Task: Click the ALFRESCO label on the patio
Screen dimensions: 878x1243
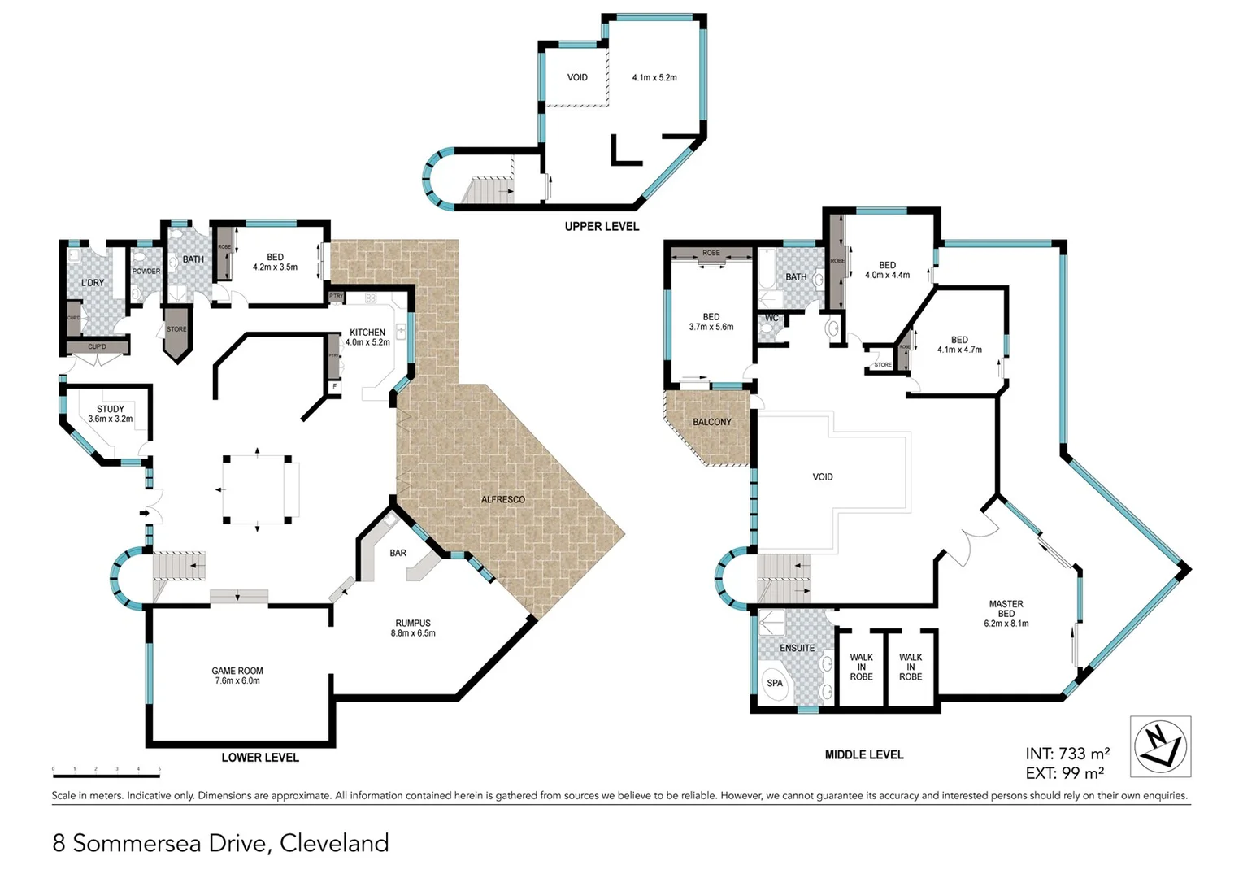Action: click(x=502, y=499)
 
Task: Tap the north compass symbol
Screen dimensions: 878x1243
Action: click(x=1160, y=746)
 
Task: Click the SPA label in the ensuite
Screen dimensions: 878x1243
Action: click(x=775, y=683)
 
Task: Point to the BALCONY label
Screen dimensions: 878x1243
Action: click(x=712, y=422)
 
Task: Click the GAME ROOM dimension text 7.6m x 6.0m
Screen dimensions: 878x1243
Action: click(x=237, y=681)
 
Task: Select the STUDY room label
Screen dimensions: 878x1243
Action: click(x=111, y=409)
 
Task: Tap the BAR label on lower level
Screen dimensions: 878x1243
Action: click(x=398, y=553)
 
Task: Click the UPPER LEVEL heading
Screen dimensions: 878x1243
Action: click(x=602, y=227)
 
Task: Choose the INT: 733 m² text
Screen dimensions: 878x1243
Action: click(x=1067, y=754)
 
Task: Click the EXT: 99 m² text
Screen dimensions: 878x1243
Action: click(x=1064, y=773)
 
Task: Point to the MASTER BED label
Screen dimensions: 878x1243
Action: click(x=1006, y=609)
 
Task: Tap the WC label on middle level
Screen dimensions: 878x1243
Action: click(x=771, y=318)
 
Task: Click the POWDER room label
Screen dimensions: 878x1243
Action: click(x=146, y=271)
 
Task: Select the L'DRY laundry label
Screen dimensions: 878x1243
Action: click(x=93, y=283)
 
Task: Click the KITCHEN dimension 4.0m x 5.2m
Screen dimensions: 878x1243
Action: click(x=367, y=342)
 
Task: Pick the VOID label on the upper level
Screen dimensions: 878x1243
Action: click(x=577, y=78)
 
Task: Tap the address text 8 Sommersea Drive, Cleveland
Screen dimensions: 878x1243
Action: click(x=220, y=843)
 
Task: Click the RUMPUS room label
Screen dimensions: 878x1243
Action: click(x=413, y=623)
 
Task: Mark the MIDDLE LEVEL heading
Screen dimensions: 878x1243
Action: click(x=863, y=754)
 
